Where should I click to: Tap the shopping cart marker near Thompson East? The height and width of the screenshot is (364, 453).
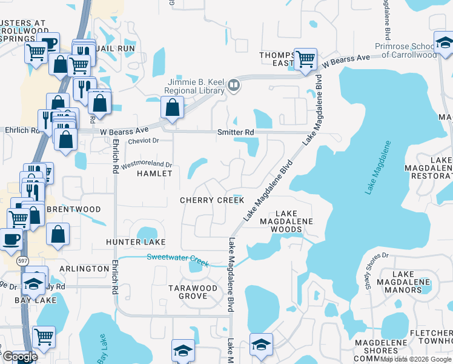point(305,59)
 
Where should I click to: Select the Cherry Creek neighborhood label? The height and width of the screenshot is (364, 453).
point(212,200)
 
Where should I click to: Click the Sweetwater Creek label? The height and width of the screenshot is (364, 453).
point(178,260)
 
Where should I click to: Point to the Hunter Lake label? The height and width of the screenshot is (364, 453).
point(136,242)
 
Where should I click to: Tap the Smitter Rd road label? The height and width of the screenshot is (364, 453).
point(236,132)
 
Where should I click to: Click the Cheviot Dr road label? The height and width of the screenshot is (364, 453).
point(143,141)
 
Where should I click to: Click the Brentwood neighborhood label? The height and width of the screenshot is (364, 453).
point(73,209)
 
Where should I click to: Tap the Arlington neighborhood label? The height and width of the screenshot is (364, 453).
point(84,268)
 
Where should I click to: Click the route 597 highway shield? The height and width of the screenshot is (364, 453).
point(22,260)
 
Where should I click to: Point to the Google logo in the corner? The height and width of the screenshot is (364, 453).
point(20,357)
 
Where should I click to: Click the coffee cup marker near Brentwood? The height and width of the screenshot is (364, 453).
point(11,238)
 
